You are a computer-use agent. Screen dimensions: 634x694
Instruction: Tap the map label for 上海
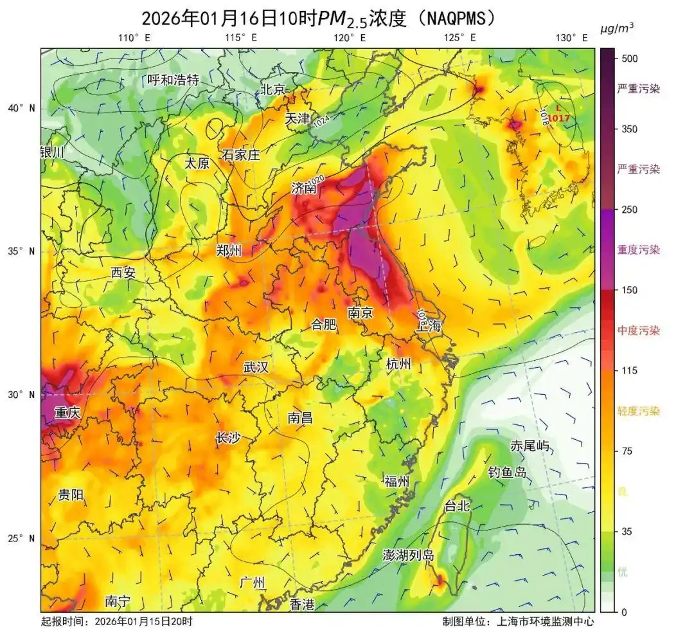point(429,325)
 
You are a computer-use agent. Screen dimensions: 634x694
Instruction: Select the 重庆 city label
point(67,413)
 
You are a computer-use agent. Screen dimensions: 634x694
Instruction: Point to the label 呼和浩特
point(173,80)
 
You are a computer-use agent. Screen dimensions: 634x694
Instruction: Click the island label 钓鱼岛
point(507,473)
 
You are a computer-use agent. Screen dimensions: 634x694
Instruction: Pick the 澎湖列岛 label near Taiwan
point(408,555)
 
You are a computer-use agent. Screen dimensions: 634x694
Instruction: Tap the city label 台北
point(458,506)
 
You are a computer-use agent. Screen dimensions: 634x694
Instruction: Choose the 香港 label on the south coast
point(302,604)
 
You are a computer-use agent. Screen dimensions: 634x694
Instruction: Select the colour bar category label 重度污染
point(638,249)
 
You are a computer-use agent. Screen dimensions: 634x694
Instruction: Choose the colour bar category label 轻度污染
point(638,411)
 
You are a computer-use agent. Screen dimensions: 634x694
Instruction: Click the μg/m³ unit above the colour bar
point(617,29)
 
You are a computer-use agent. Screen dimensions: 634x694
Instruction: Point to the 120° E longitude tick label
point(350,38)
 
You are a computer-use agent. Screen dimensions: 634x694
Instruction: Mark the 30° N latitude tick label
point(22,394)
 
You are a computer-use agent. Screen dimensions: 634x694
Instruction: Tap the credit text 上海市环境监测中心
point(545,622)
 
